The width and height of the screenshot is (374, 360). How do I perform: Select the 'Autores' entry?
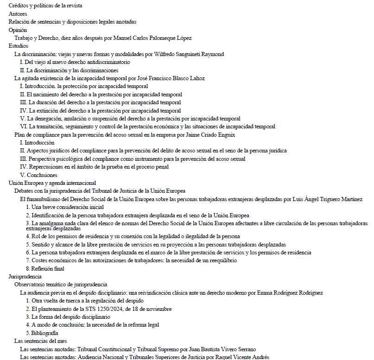coord(18,14)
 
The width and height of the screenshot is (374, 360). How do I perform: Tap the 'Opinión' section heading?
coord(19,30)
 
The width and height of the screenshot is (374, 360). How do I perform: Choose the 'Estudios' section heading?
coord(19,46)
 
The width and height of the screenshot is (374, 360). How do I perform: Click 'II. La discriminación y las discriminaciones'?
coord(69,70)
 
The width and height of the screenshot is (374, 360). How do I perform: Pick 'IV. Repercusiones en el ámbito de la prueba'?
coord(94,167)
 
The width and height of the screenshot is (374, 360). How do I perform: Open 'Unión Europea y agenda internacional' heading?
coord(52,183)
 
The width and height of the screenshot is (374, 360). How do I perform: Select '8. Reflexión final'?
coord(45,268)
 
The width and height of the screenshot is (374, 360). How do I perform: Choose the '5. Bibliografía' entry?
coord(42,333)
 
